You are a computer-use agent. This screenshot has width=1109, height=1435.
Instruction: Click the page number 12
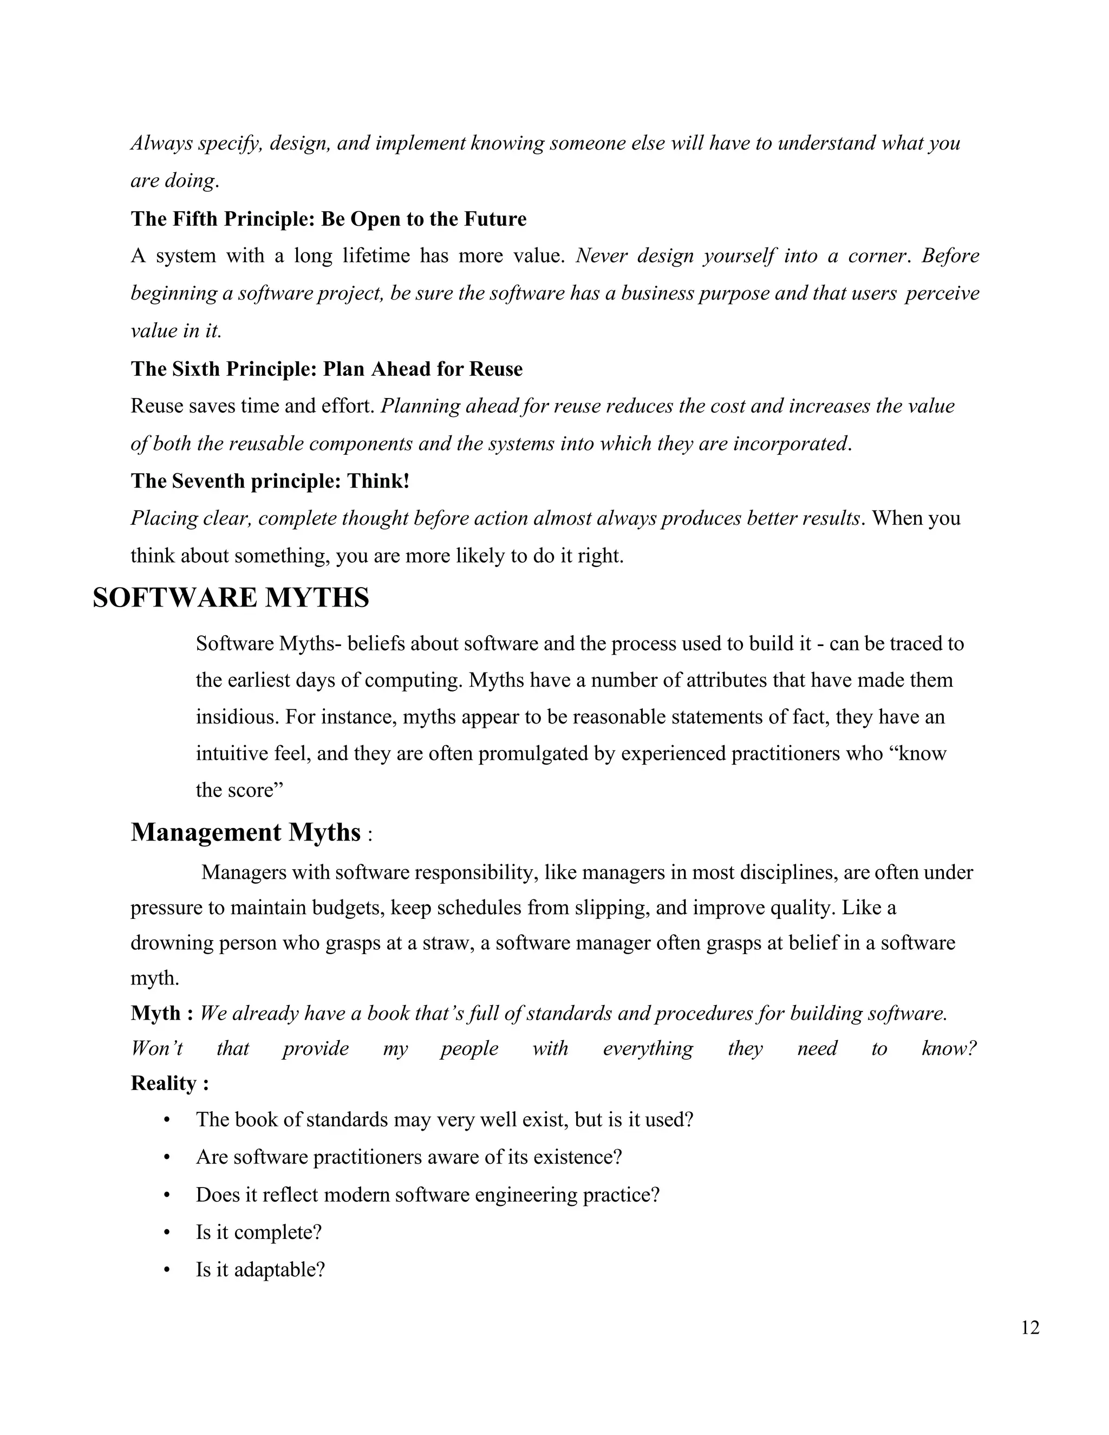(1030, 1328)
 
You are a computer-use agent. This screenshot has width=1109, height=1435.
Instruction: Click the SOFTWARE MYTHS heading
(231, 598)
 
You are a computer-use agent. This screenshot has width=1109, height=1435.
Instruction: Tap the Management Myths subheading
(246, 832)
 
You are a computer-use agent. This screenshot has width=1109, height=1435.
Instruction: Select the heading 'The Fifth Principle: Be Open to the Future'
(329, 219)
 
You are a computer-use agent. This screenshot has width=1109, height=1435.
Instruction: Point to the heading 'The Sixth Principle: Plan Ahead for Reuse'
(327, 369)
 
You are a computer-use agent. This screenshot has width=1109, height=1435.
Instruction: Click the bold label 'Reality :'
(169, 1083)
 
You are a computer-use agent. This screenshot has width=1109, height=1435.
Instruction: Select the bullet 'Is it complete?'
(258, 1232)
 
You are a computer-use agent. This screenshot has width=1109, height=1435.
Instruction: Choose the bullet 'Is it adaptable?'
(260, 1269)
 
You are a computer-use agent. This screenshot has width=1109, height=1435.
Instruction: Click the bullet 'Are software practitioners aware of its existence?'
(409, 1157)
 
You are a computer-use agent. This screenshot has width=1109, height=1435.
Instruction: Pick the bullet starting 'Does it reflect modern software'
(427, 1195)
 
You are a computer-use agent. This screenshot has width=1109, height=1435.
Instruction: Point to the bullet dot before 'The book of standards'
(167, 1120)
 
